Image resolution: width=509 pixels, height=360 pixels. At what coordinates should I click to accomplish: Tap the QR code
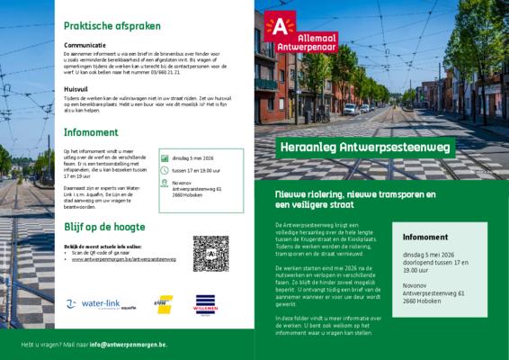pyautogui.click(x=210, y=253)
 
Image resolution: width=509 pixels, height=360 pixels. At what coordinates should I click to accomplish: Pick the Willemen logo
pyautogui.click(x=207, y=303)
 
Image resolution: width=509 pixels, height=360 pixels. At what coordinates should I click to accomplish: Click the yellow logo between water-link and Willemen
pyautogui.click(x=164, y=304)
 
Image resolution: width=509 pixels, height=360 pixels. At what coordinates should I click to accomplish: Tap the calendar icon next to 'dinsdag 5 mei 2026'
pyautogui.click(x=165, y=157)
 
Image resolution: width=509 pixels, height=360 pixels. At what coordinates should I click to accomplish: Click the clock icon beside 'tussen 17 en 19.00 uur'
pyautogui.click(x=165, y=169)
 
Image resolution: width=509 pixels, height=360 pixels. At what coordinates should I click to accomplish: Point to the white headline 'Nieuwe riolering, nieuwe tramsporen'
pyautogui.click(x=355, y=194)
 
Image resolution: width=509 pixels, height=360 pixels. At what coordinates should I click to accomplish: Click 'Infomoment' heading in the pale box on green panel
pyautogui.click(x=424, y=237)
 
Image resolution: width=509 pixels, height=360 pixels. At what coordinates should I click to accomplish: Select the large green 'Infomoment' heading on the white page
pyautogui.click(x=91, y=131)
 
